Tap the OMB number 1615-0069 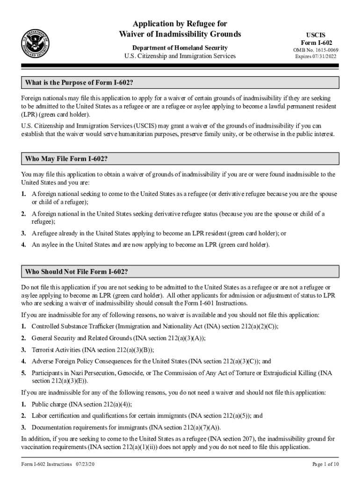click(316, 50)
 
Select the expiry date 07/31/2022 click(316, 57)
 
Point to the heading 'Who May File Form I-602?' click(66, 159)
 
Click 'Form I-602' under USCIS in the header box click(316, 43)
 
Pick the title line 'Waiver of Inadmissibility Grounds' click(180, 34)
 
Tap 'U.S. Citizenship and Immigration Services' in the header click(180, 56)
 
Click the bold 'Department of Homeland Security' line click(180, 48)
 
